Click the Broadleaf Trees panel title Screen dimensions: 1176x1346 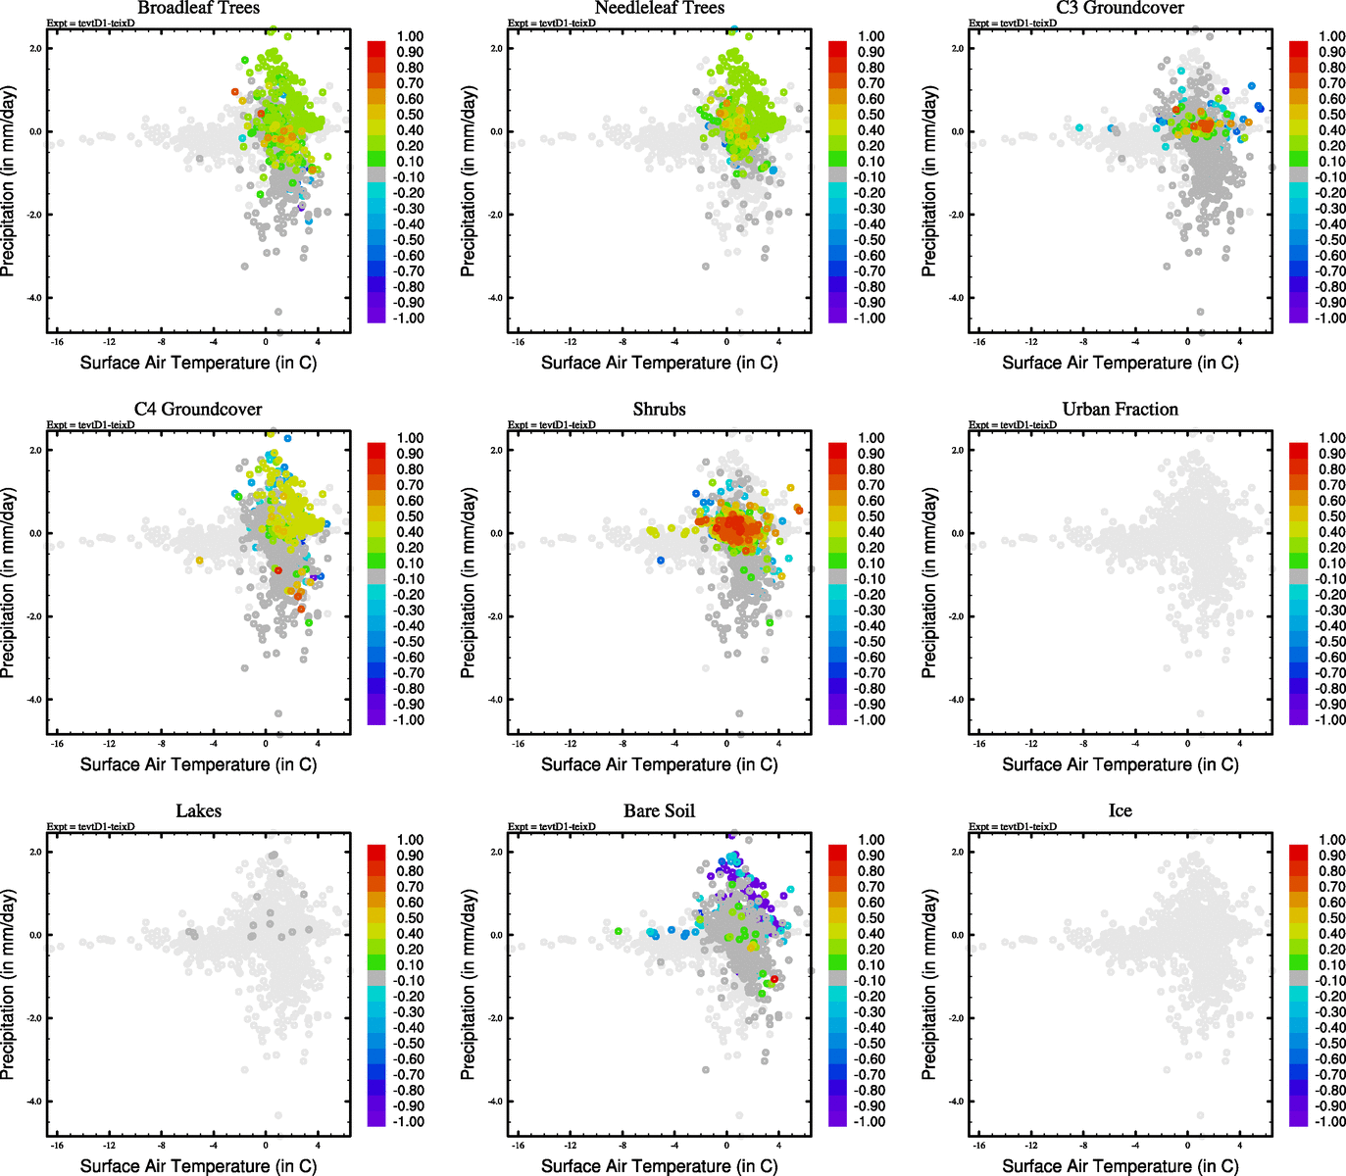tap(198, 8)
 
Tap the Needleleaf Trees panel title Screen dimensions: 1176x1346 tap(659, 8)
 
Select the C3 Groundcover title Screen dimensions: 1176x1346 tap(1120, 8)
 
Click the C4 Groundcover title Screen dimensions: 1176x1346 tap(198, 409)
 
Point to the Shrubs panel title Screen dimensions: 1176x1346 tap(659, 409)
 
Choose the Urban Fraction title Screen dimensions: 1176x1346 tap(1120, 409)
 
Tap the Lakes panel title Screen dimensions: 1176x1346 tap(198, 810)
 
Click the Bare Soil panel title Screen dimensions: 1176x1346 tap(659, 810)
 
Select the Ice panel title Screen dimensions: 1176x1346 tap(1120, 810)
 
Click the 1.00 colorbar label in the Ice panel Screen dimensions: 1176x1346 tap(1332, 840)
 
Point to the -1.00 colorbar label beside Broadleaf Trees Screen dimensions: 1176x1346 tap(408, 318)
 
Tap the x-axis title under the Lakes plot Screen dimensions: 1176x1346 tap(198, 1165)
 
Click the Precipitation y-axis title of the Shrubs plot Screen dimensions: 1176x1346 tap(469, 583)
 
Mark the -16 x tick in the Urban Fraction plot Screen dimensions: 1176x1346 tap(979, 744)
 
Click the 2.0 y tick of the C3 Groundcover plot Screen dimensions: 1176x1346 tap(958, 48)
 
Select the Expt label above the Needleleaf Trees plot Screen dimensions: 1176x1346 tap(552, 23)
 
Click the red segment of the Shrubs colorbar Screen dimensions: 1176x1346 tap(838, 450)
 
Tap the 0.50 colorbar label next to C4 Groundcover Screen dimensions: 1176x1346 tap(410, 516)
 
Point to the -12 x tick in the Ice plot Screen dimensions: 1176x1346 tap(1031, 1146)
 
